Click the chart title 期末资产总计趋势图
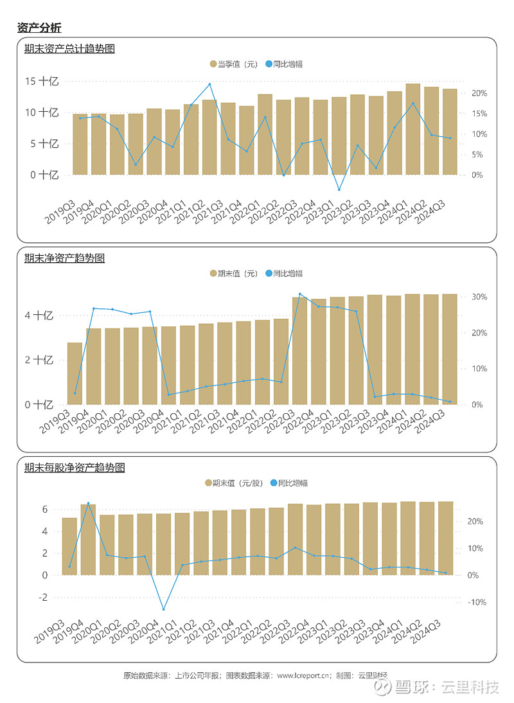tap(69, 49)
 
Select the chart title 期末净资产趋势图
tap(64, 258)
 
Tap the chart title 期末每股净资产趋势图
tap(74, 468)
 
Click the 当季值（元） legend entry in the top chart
tap(233, 64)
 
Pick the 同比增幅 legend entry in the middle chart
tap(283, 274)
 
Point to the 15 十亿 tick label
tap(43, 82)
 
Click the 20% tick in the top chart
tap(479, 93)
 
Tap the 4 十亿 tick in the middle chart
tap(44, 316)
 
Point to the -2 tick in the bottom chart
tap(43, 597)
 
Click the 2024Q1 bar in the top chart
tap(413, 129)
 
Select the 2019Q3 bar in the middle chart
tap(75, 373)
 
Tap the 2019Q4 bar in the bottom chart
tap(88, 540)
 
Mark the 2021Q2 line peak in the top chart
tap(209, 84)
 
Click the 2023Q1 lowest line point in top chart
tap(339, 190)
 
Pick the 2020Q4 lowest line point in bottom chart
tap(163, 609)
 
